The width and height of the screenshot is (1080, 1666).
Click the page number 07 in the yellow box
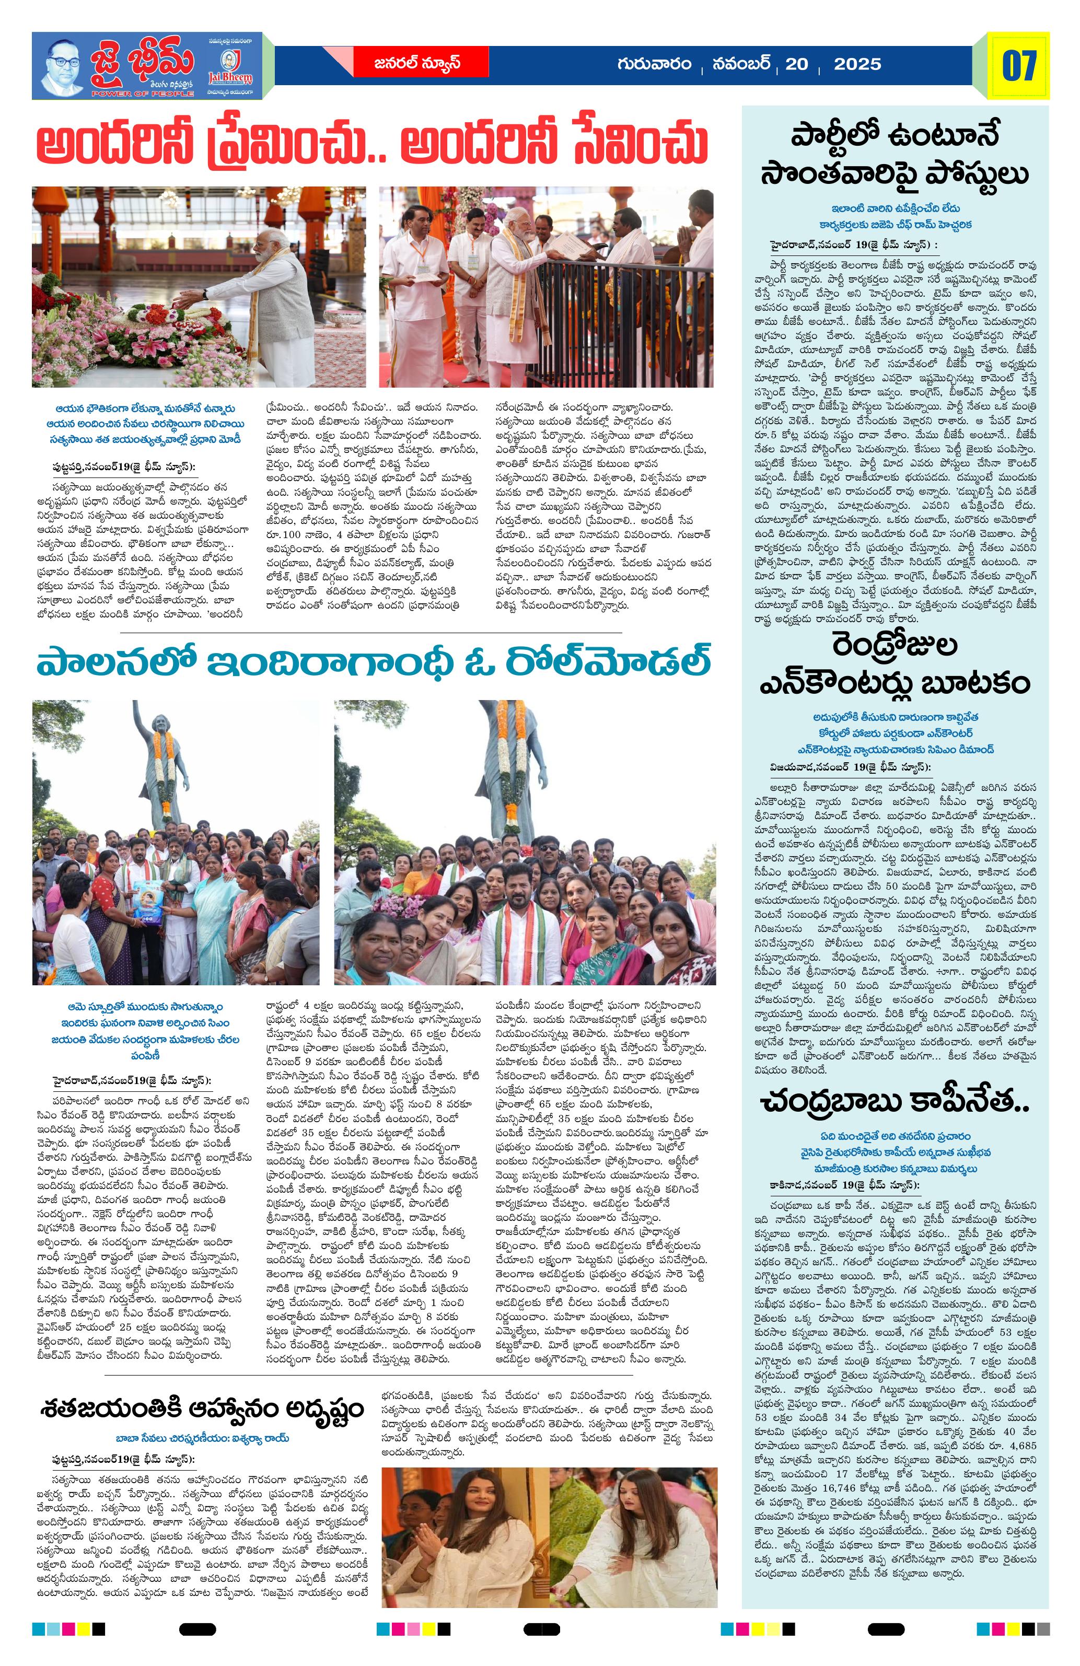tap(1018, 66)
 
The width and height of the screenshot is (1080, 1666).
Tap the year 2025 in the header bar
tap(857, 64)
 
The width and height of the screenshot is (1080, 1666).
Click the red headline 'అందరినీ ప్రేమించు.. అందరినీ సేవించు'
tap(371, 144)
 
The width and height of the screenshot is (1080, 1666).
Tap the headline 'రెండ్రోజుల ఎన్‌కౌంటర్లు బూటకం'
tap(895, 663)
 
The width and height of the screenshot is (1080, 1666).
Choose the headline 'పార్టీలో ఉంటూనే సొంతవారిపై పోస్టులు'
tap(895, 155)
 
